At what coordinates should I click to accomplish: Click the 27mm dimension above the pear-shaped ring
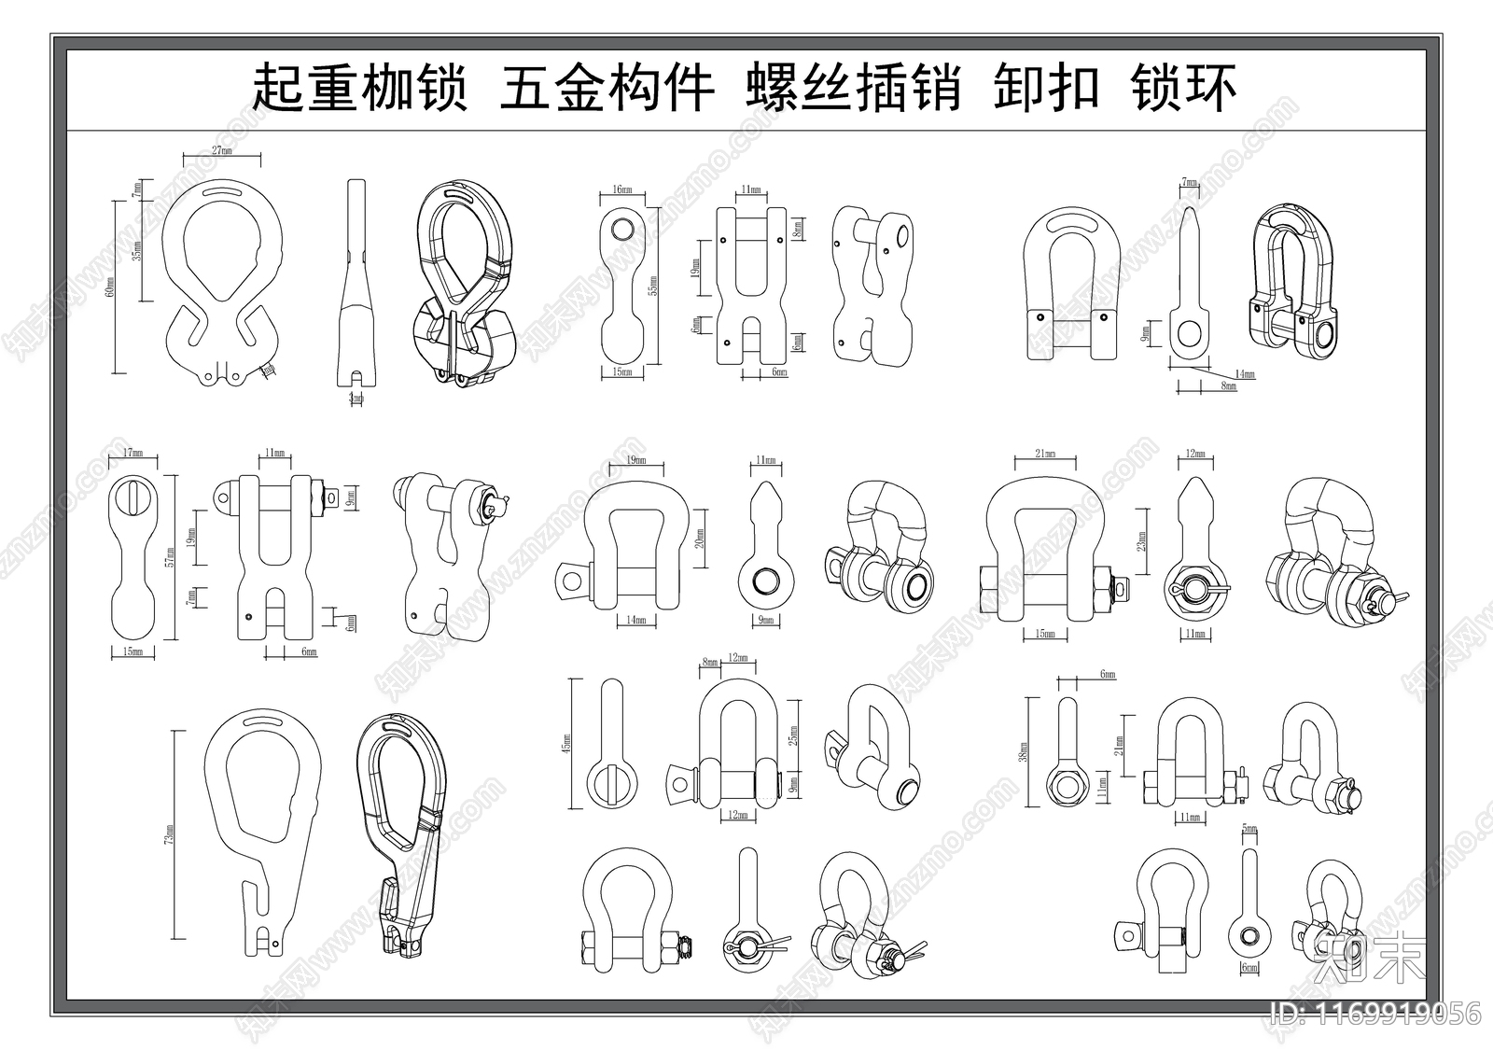pyautogui.click(x=221, y=150)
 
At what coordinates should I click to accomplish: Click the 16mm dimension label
pyautogui.click(x=621, y=189)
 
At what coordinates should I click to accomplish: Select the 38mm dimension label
pyautogui.click(x=1024, y=751)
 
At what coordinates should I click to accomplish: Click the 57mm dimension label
pyautogui.click(x=169, y=557)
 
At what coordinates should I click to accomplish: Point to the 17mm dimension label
pyautogui.click(x=133, y=455)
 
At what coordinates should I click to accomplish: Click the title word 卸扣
pyautogui.click(x=1045, y=89)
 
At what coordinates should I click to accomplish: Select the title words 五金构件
pyautogui.click(x=607, y=89)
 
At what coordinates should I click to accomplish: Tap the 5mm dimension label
pyautogui.click(x=1249, y=828)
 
